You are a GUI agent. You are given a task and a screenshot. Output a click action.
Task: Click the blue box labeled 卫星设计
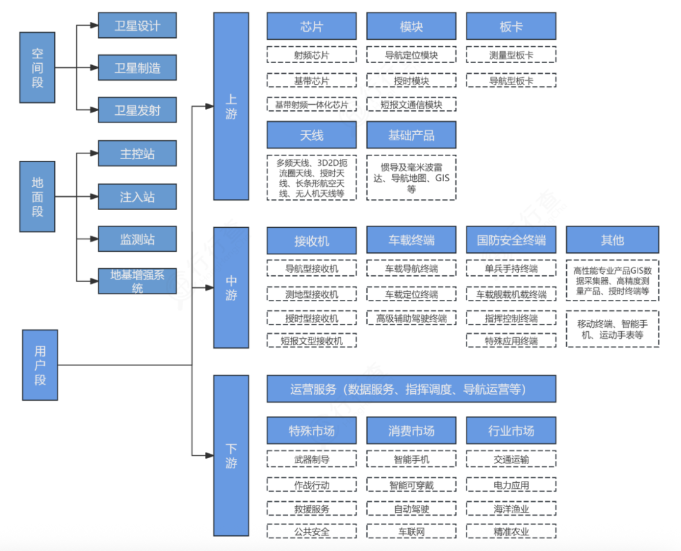tap(137, 26)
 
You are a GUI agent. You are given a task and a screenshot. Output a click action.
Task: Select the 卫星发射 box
tap(137, 110)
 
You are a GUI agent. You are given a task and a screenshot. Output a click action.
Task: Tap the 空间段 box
tap(38, 68)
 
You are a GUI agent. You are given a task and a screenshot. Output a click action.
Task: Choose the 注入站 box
tap(137, 197)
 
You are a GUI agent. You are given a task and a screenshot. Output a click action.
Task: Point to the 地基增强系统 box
tap(137, 281)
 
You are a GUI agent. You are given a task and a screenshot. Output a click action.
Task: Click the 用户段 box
tap(40, 365)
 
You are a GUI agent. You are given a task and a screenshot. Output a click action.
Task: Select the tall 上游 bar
tap(231, 106)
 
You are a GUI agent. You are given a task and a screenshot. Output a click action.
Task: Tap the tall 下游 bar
tap(231, 455)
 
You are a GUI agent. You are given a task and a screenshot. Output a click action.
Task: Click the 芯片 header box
tap(311, 27)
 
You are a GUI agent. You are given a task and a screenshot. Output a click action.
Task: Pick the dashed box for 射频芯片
tap(311, 55)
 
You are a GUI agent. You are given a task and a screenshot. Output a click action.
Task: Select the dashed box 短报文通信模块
tap(411, 104)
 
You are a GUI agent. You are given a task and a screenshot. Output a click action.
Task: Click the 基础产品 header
tap(411, 135)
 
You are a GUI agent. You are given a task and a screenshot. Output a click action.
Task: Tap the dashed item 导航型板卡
tap(511, 80)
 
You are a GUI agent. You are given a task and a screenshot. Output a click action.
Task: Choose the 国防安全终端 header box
tap(511, 240)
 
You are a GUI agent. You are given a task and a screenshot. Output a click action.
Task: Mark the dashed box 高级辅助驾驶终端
tap(411, 318)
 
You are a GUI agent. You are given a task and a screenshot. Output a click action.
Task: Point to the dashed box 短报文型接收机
tap(311, 341)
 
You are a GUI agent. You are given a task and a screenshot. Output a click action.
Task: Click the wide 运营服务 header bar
tap(411, 389)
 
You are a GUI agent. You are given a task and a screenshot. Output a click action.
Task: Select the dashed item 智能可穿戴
tap(411, 485)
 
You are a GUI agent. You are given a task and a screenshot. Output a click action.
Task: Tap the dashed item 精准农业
tap(511, 531)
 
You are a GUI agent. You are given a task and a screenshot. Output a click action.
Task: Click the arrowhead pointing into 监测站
tap(94, 239)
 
